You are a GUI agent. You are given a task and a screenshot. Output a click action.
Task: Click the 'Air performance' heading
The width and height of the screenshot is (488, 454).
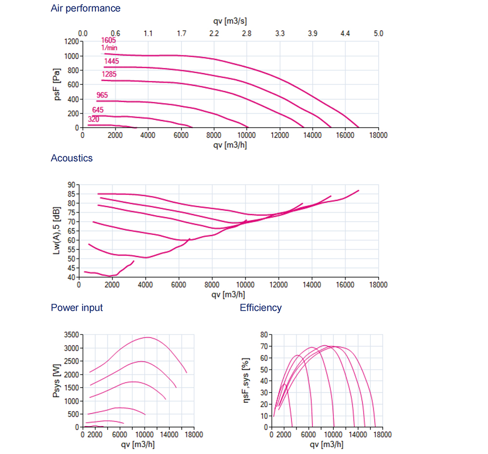pyautogui.click(x=85, y=8)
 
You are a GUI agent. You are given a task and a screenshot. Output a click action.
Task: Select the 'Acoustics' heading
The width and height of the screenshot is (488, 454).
pyautogui.click(x=71, y=158)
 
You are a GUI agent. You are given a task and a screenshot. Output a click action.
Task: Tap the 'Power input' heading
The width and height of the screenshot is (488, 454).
pyautogui.click(x=77, y=308)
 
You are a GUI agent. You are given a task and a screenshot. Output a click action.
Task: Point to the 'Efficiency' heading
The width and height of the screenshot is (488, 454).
pyautogui.click(x=261, y=308)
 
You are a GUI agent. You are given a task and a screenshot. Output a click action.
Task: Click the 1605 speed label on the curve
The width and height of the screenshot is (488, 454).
pyautogui.click(x=108, y=40)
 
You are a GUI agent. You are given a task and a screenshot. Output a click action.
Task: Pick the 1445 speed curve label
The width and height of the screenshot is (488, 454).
pyautogui.click(x=111, y=61)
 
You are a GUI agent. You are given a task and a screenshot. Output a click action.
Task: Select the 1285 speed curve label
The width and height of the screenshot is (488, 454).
pyautogui.click(x=109, y=74)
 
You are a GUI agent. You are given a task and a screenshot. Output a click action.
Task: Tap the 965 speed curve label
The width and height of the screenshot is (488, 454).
pyautogui.click(x=102, y=95)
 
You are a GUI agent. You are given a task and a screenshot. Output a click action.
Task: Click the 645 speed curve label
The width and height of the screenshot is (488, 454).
pyautogui.click(x=98, y=110)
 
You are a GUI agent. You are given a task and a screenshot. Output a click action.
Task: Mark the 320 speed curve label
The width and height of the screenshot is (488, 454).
pyautogui.click(x=94, y=119)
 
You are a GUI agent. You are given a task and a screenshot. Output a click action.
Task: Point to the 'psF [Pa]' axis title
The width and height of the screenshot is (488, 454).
pyautogui.click(x=58, y=84)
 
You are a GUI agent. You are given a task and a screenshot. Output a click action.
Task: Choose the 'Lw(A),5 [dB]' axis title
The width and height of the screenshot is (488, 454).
pyautogui.click(x=57, y=230)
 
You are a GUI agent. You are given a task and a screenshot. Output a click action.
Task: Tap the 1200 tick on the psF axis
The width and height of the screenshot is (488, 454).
pyautogui.click(x=71, y=41)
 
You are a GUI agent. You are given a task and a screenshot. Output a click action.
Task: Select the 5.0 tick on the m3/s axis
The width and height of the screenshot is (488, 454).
pyautogui.click(x=378, y=34)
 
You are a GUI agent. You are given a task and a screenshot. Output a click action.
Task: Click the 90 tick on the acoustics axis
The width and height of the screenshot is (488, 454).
pyautogui.click(x=73, y=185)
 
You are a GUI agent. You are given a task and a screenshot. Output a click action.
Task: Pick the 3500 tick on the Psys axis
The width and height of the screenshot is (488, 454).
pyautogui.click(x=71, y=335)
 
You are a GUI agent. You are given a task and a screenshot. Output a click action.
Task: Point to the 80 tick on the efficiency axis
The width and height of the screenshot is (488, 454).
pyautogui.click(x=264, y=335)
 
